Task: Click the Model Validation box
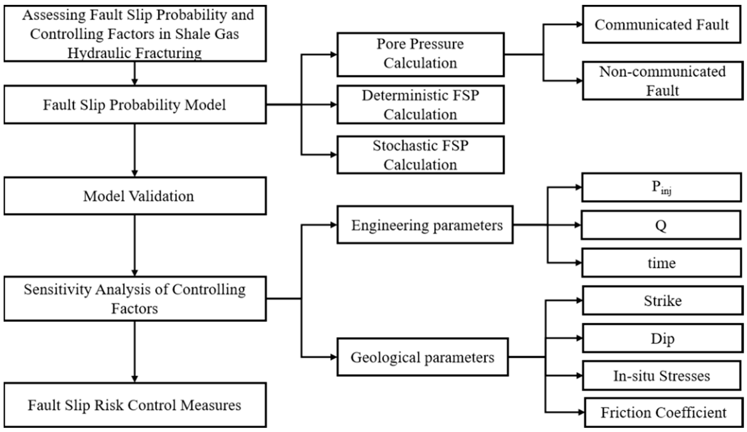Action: click(135, 196)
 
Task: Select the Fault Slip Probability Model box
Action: click(135, 104)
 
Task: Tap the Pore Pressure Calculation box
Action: click(420, 54)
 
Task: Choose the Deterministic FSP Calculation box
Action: click(420, 104)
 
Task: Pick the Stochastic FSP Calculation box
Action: click(420, 155)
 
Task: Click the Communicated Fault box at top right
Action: click(661, 24)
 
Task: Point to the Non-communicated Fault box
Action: click(662, 80)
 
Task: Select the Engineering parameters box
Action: click(425, 225)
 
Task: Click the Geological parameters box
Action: click(423, 357)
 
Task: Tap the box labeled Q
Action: click(661, 225)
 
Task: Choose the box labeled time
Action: click(661, 263)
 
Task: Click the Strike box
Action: click(662, 300)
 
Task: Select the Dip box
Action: click(662, 338)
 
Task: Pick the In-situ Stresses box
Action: click(661, 375)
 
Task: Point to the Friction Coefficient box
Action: click(663, 412)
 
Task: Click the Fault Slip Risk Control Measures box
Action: click(135, 405)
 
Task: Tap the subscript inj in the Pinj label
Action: click(666, 191)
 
